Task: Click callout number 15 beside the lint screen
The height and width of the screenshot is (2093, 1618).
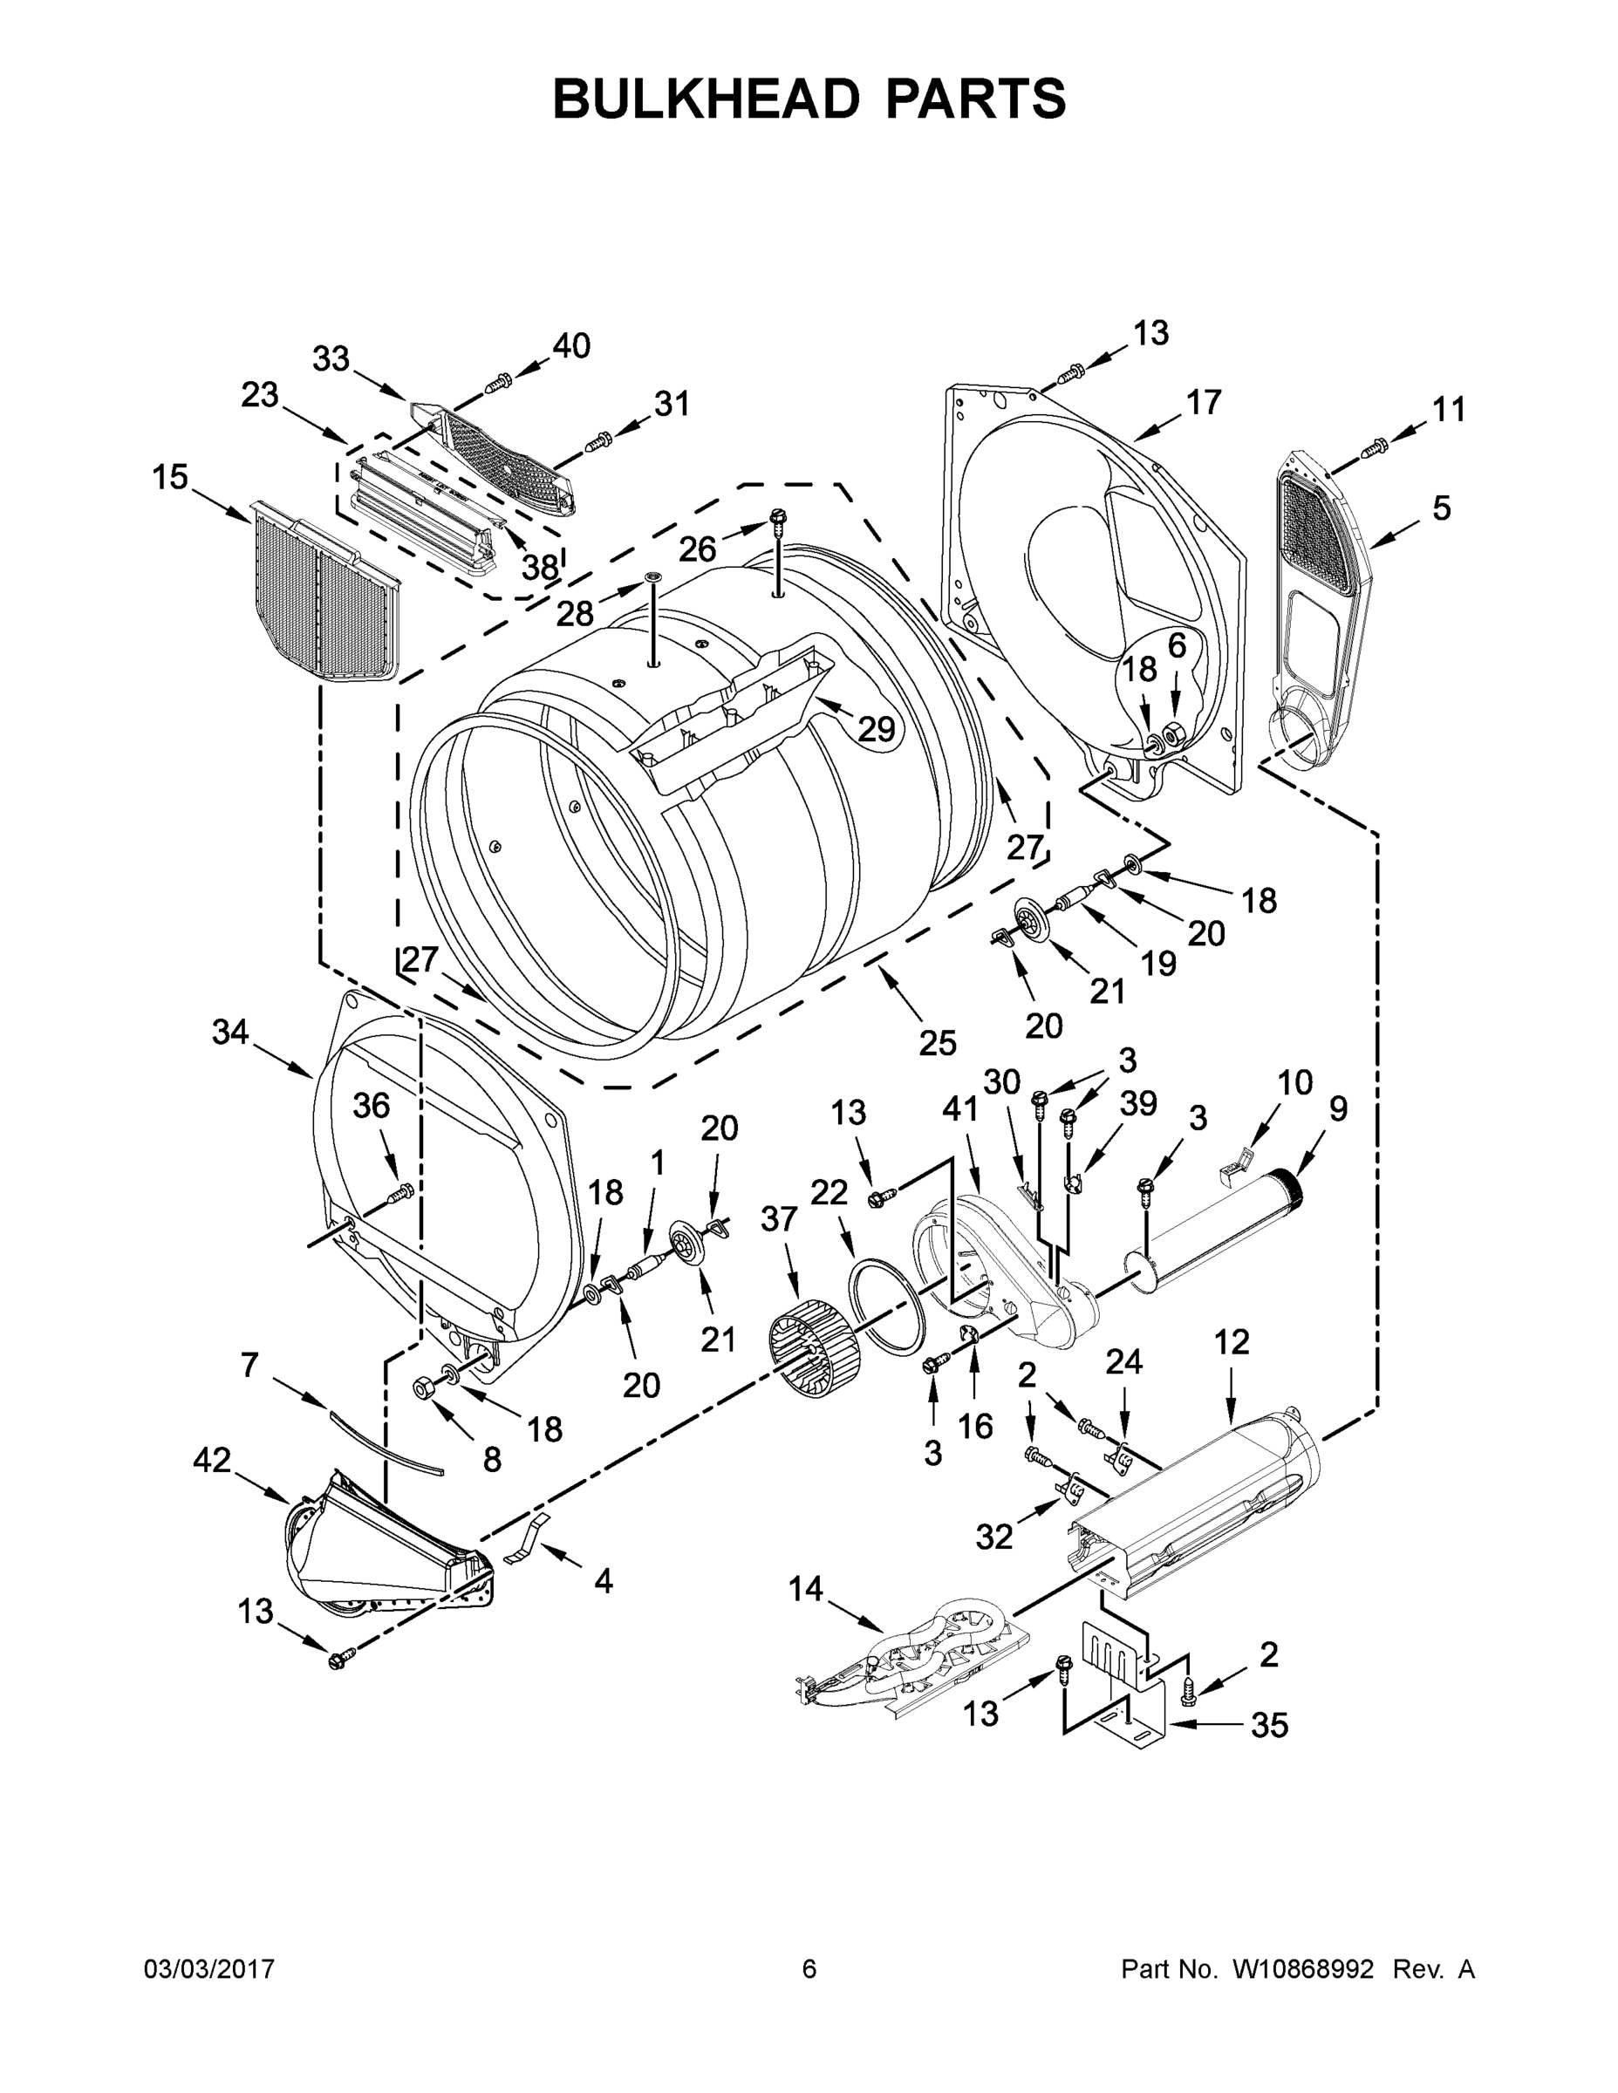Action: [171, 477]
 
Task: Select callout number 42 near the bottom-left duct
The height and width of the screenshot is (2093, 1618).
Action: [212, 1461]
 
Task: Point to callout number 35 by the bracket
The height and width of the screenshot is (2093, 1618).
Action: [1269, 1725]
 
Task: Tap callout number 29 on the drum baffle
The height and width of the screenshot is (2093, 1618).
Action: [875, 729]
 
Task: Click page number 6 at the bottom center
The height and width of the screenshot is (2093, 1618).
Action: [809, 1969]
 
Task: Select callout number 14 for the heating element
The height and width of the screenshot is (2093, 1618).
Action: [805, 1589]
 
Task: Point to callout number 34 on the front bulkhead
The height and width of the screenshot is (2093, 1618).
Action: [230, 1033]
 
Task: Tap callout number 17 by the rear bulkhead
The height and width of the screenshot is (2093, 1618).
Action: [1204, 401]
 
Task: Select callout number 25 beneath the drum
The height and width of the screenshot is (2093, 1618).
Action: [937, 1043]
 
